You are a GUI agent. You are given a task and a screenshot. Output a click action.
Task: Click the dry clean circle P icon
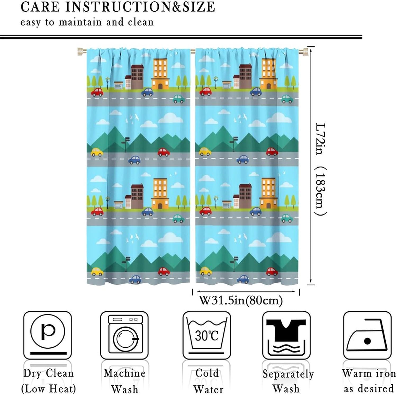48,335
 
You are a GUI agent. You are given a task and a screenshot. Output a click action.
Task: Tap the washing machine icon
124,335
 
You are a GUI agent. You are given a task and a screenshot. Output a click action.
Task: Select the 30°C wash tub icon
207,335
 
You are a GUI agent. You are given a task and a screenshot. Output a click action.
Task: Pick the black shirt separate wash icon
286,335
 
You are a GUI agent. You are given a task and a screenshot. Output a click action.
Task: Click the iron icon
367,335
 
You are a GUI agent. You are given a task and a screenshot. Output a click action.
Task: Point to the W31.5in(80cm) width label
241,300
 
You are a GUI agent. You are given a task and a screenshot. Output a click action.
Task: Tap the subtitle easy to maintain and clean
87,22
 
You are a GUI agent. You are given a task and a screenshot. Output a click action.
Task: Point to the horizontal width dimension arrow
246,291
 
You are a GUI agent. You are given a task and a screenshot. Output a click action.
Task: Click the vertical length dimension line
311,164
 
